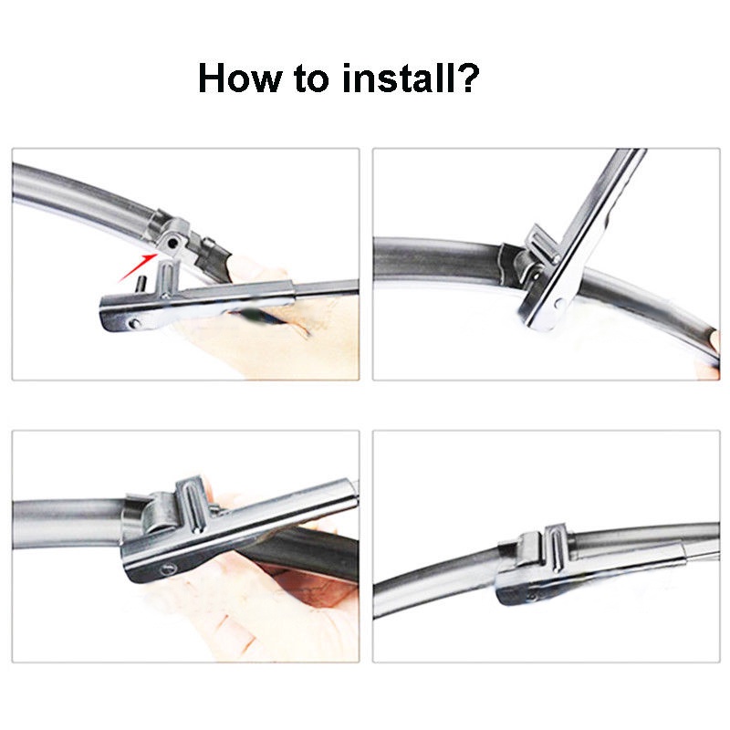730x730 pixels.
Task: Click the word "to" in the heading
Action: (311, 78)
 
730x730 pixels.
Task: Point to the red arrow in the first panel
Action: (137, 267)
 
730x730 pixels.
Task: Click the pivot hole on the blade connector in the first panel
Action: (173, 243)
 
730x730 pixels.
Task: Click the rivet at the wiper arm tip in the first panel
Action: (134, 322)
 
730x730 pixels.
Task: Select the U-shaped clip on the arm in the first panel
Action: (168, 278)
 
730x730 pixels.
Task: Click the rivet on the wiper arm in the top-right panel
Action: (559, 305)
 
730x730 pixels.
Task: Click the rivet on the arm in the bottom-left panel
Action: (168, 568)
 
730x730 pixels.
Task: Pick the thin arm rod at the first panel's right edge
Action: (327, 288)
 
